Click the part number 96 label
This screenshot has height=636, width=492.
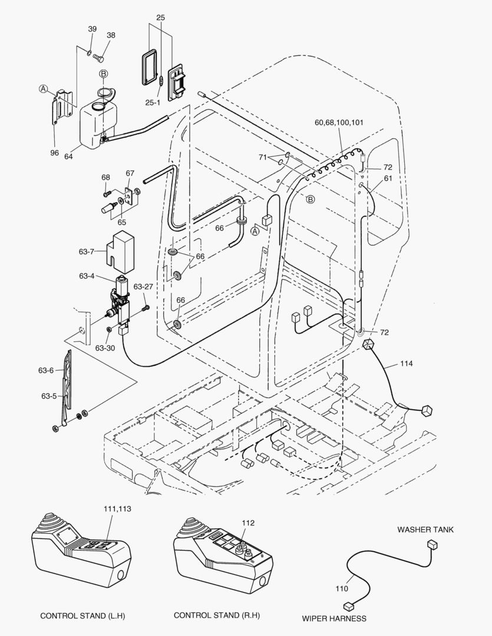coord(55,153)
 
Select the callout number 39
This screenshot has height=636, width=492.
coord(93,29)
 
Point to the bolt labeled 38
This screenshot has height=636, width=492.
coord(99,58)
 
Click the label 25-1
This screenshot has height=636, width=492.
coord(153,102)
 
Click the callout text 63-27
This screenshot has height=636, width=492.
coord(143,287)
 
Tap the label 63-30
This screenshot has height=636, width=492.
coord(105,348)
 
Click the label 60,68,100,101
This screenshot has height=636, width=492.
coord(339,122)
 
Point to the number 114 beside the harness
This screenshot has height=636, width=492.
coord(406,363)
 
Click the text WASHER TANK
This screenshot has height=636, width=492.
coord(425,529)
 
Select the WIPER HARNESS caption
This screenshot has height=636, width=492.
coord(334,618)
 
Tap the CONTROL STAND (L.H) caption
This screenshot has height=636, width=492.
coord(82,616)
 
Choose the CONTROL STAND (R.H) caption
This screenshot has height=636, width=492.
coord(217,615)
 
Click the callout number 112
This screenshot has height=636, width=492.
coord(248,522)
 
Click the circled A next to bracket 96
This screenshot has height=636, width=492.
coord(43,89)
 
